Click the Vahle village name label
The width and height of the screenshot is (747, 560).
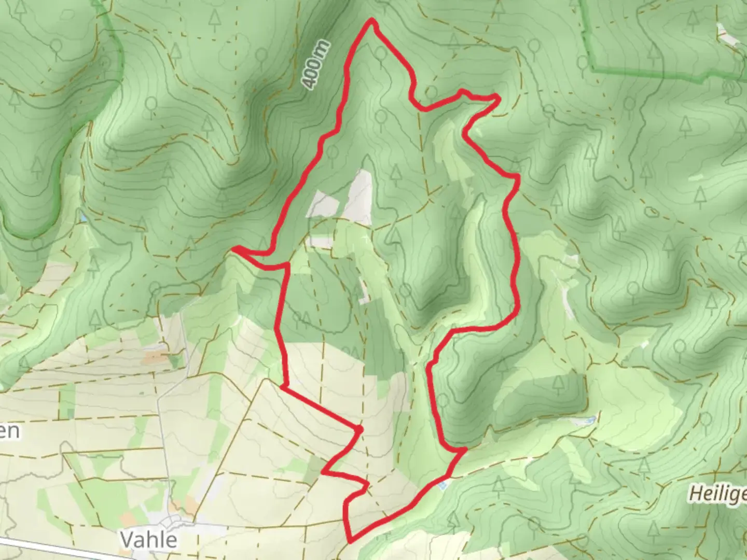149,540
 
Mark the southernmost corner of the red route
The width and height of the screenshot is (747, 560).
351,541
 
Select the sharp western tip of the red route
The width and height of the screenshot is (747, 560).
233,249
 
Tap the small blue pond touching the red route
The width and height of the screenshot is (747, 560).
442,486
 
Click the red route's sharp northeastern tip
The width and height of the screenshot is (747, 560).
498,96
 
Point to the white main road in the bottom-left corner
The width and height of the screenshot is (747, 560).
62,549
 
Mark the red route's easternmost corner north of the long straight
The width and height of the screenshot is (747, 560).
517,178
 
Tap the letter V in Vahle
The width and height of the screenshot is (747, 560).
128,540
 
